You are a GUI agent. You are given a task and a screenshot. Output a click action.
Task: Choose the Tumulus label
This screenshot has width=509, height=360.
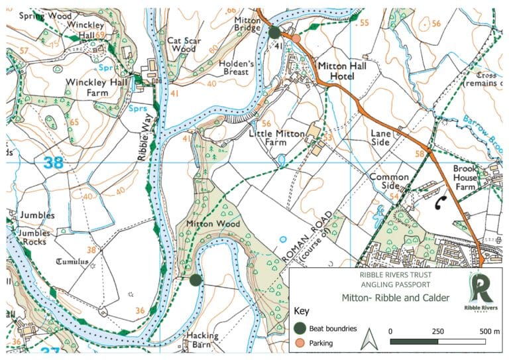coord(72,261)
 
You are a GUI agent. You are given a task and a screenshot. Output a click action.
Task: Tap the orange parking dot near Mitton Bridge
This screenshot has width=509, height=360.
coord(296,38)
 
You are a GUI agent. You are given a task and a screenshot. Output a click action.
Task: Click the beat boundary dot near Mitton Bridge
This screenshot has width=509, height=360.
coord(274,32)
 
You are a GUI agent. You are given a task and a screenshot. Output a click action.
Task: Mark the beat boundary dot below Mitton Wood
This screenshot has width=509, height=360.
coord(195,280)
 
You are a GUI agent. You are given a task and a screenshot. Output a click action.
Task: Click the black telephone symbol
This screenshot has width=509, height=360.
coord(439,205)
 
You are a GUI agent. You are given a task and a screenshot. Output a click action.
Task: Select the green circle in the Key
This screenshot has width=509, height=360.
coord(300,328)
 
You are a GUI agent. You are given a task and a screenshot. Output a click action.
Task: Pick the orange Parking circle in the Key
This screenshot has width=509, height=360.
coord(300,343)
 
